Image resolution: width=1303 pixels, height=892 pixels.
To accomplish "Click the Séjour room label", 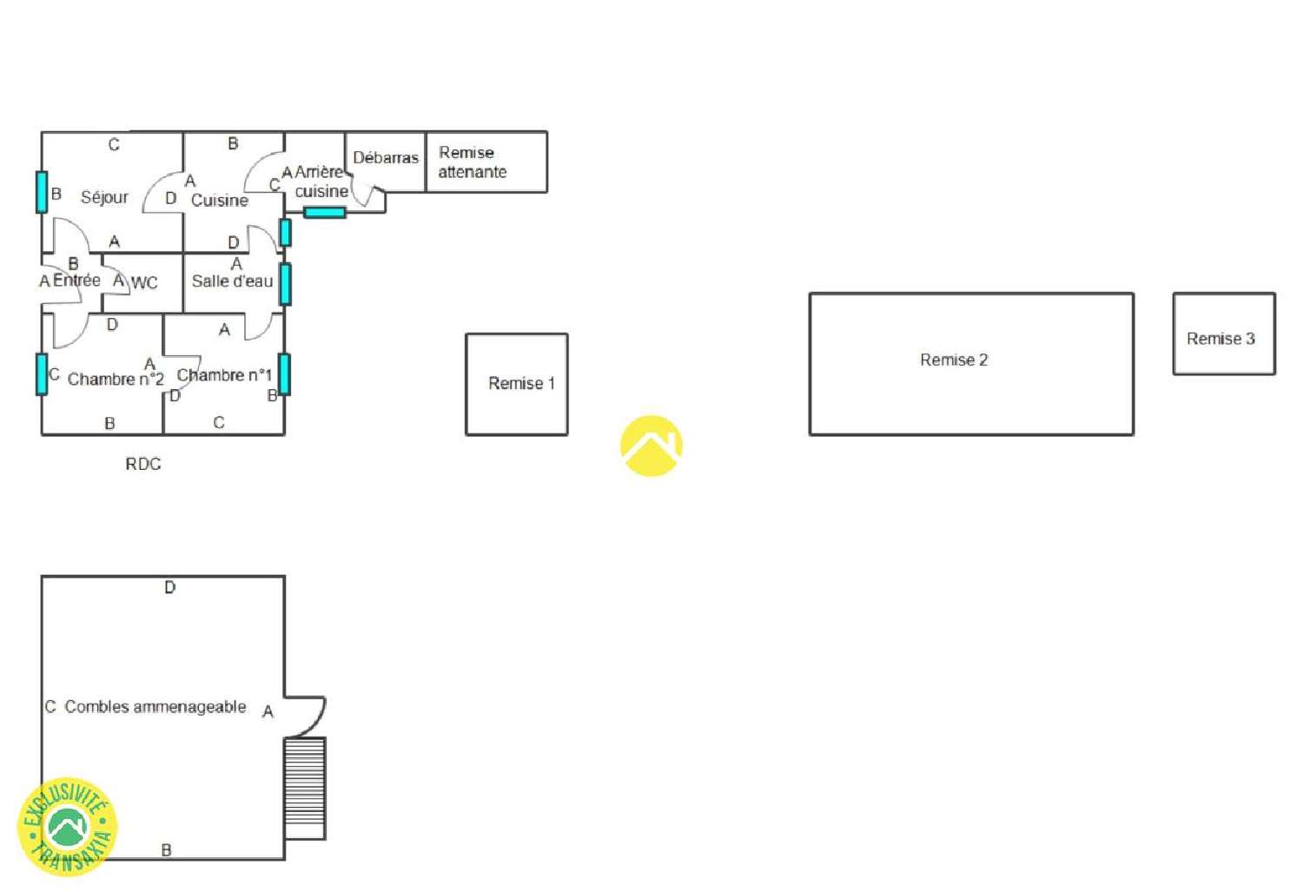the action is point(104,198).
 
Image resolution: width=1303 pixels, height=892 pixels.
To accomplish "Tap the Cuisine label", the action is point(219,200).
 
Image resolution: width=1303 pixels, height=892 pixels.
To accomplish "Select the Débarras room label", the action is point(386,157).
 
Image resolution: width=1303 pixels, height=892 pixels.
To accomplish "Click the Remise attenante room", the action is point(486,162).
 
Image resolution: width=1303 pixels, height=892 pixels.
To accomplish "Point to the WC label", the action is point(144,282).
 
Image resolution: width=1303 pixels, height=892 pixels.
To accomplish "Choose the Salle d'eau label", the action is point(232,281).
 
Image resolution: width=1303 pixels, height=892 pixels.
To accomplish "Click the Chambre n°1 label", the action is point(224,375).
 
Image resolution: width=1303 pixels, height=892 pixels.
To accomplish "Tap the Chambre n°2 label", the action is point(116,380).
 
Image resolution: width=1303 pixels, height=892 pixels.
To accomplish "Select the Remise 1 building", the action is point(517,385).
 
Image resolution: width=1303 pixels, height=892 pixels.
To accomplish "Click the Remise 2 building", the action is point(971,364).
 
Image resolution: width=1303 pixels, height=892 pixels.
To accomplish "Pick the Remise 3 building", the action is point(1224,334).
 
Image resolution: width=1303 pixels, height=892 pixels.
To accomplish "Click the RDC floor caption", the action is point(143,464).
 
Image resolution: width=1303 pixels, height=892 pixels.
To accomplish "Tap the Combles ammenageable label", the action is point(155,706).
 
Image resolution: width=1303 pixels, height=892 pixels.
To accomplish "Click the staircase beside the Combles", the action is point(305,789).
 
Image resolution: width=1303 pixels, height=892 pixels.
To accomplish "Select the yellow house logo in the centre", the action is point(651,446).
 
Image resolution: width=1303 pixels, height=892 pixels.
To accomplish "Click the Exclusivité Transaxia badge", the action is point(68,826).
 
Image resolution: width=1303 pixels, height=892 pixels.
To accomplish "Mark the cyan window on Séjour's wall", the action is point(42,192).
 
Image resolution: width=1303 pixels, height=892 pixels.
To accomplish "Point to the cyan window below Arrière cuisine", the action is point(325,212).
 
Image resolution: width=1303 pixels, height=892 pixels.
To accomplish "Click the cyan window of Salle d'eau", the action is point(285,284).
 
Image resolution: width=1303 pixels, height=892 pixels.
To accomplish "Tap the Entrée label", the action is point(76,281).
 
